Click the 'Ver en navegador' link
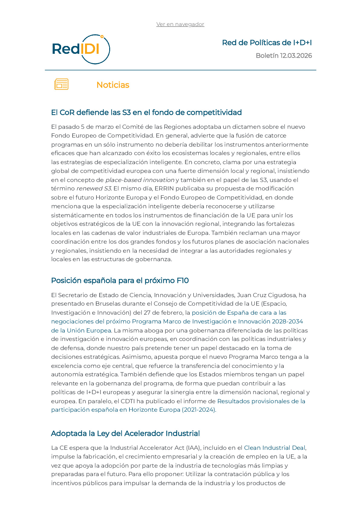180,24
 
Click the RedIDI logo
81,49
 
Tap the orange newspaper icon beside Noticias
61,84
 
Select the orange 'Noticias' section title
113,85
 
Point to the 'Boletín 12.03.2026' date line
283,56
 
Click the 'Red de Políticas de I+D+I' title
267,43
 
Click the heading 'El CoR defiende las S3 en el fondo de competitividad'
146,112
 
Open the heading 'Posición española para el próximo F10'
120,280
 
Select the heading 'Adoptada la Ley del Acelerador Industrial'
125,433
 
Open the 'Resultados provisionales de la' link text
261,401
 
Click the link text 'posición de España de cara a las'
239,313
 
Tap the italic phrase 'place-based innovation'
140,180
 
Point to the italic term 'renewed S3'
94,189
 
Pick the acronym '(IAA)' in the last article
191,448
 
